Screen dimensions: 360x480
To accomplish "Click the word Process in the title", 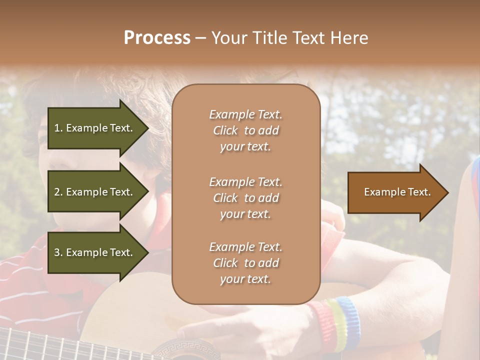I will click(157, 38).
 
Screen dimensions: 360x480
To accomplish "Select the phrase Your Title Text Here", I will click(289, 38).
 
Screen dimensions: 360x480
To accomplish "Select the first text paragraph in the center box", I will click(245, 130).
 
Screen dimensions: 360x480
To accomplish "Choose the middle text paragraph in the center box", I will click(245, 198).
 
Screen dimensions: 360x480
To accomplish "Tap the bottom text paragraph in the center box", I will click(245, 263).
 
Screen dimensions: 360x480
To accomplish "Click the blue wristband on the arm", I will click(349, 320).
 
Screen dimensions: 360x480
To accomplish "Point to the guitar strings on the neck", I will click(40, 345).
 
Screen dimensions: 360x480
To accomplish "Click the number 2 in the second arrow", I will click(57, 192).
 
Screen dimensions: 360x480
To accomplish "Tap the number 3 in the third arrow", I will click(57, 252).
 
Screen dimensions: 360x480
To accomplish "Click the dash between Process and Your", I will click(200, 38).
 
